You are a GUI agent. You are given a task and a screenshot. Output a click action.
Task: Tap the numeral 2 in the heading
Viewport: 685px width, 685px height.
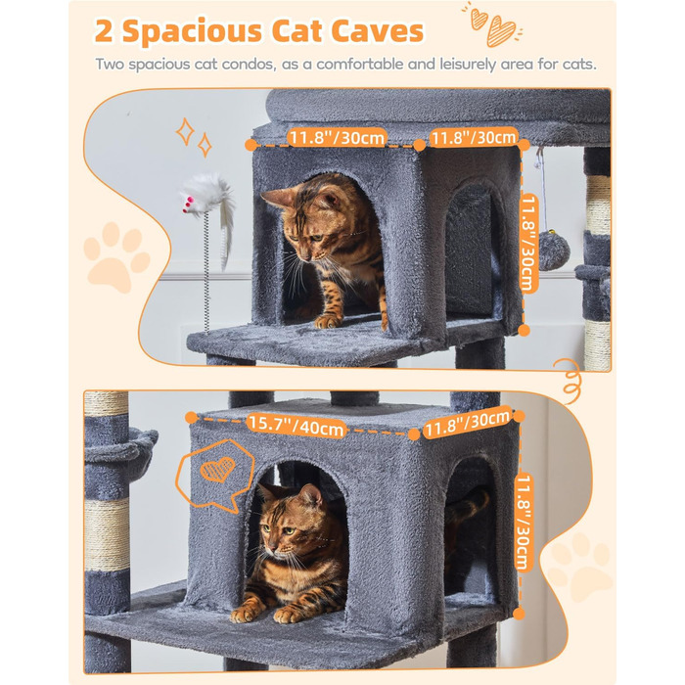point(104,31)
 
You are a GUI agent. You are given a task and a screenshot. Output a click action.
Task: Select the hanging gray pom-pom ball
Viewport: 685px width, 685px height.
point(554,250)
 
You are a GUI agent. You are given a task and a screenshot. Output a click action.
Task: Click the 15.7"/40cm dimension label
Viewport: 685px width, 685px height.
point(297,426)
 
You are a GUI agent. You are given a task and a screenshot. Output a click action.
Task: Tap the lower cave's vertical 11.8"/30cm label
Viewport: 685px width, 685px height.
point(524,522)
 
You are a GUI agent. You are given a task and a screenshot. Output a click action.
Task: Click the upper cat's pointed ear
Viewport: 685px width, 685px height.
point(277,198)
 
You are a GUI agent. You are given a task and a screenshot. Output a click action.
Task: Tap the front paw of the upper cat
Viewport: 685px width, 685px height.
point(326,322)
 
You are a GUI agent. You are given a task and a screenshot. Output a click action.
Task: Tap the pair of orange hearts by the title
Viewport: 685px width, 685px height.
point(492,25)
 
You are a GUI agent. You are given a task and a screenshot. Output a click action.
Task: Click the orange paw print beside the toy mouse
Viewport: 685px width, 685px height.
point(115,256)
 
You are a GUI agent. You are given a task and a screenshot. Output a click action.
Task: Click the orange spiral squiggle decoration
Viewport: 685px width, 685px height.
point(571,380)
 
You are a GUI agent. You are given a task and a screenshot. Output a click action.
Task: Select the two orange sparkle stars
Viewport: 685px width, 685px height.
point(194,137)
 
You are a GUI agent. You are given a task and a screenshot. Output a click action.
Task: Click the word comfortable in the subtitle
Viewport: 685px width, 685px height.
point(360,65)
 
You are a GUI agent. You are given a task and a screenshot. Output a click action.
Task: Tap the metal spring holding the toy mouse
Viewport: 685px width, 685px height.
point(207,272)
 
